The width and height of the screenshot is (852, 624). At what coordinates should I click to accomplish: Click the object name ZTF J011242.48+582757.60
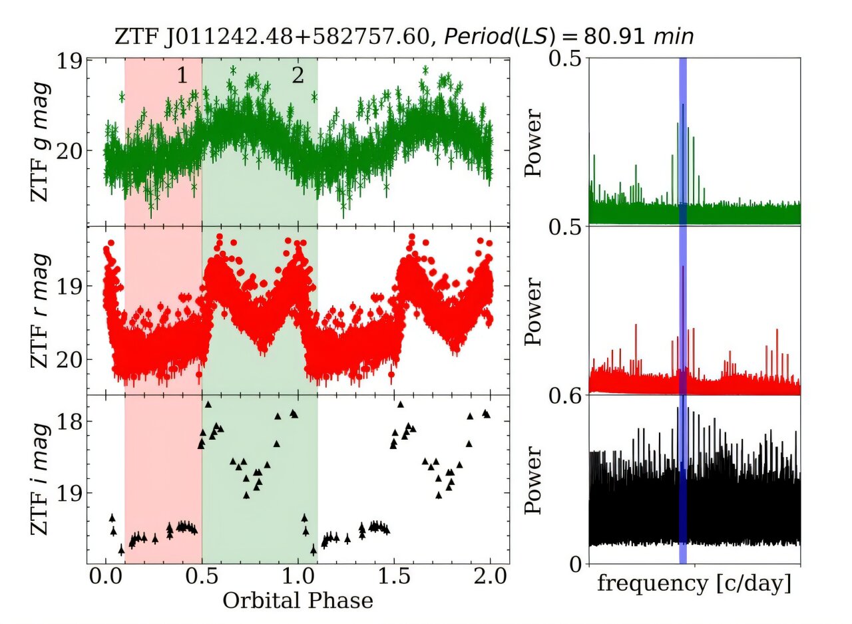pos(269,37)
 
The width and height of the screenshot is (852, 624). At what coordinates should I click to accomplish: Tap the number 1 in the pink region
pos(182,76)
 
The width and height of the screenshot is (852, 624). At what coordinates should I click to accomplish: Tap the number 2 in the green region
pos(298,76)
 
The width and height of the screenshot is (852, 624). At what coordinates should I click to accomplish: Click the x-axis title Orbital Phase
pos(297,601)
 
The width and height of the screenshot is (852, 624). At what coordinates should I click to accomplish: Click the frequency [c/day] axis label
pos(694,583)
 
